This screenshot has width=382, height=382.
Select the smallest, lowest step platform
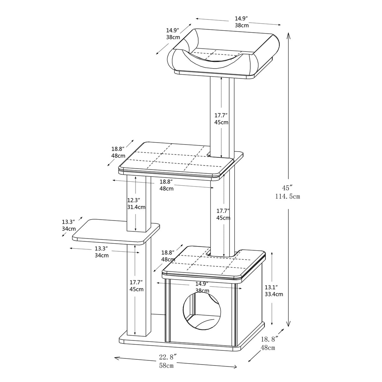pos(116,231)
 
